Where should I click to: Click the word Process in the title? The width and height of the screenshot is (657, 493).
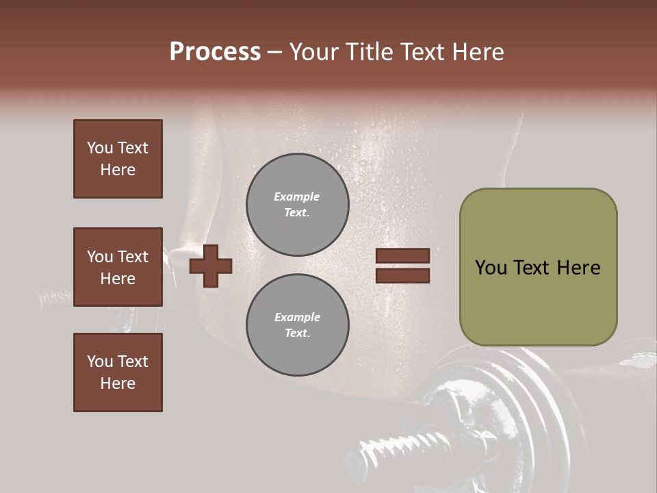tap(215, 52)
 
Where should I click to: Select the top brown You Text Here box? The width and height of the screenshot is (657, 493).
tap(118, 159)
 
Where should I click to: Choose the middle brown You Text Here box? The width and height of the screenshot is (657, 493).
tap(118, 267)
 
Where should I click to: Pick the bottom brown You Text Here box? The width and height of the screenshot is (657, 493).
tap(118, 372)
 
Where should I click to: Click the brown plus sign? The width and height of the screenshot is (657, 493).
tap(211, 265)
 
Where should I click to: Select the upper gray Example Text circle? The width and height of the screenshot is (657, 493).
tap(297, 204)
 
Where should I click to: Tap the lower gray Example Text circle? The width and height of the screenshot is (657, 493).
tap(297, 325)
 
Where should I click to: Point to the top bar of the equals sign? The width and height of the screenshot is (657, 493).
tap(402, 255)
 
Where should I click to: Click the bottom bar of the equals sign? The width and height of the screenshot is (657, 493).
tap(402, 275)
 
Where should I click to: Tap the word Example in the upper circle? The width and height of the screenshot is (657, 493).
tap(297, 197)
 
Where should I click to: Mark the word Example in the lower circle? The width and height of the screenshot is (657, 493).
tap(297, 317)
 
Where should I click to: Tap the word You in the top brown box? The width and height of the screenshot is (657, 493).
tap(99, 148)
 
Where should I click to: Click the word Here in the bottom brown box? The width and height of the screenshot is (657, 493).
tap(118, 383)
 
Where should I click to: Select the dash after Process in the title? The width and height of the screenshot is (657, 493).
tap(274, 52)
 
